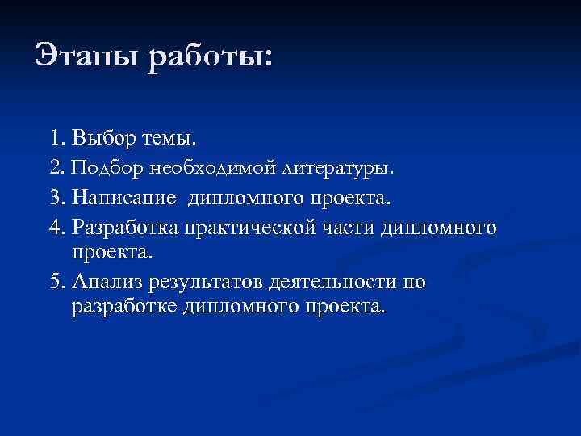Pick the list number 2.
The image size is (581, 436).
[55, 168]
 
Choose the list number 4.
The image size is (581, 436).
[55, 228]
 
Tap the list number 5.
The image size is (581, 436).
[55, 282]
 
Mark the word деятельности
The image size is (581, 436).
[336, 282]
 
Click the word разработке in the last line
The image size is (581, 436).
[125, 308]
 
